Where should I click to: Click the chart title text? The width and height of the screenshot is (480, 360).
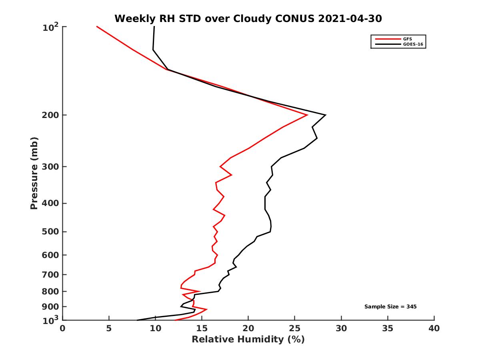tap(248, 18)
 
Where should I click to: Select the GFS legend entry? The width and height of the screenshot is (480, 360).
tap(408, 39)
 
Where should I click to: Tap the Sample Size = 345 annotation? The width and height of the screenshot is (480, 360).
tap(390, 307)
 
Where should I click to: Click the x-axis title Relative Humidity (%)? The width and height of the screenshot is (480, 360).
tap(248, 340)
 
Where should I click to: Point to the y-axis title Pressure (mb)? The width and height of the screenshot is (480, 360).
tap(34, 173)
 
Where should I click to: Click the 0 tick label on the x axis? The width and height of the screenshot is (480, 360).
tap(63, 328)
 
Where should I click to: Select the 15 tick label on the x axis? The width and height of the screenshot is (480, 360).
tap(202, 328)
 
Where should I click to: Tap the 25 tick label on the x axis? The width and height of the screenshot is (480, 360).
tap(295, 328)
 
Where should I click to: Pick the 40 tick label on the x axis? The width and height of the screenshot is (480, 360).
tap(434, 328)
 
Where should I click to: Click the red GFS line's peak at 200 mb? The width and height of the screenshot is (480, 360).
tap(307, 115)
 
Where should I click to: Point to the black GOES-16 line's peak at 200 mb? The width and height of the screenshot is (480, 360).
tap(326, 115)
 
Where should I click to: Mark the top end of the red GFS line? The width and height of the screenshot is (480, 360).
tap(97, 27)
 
